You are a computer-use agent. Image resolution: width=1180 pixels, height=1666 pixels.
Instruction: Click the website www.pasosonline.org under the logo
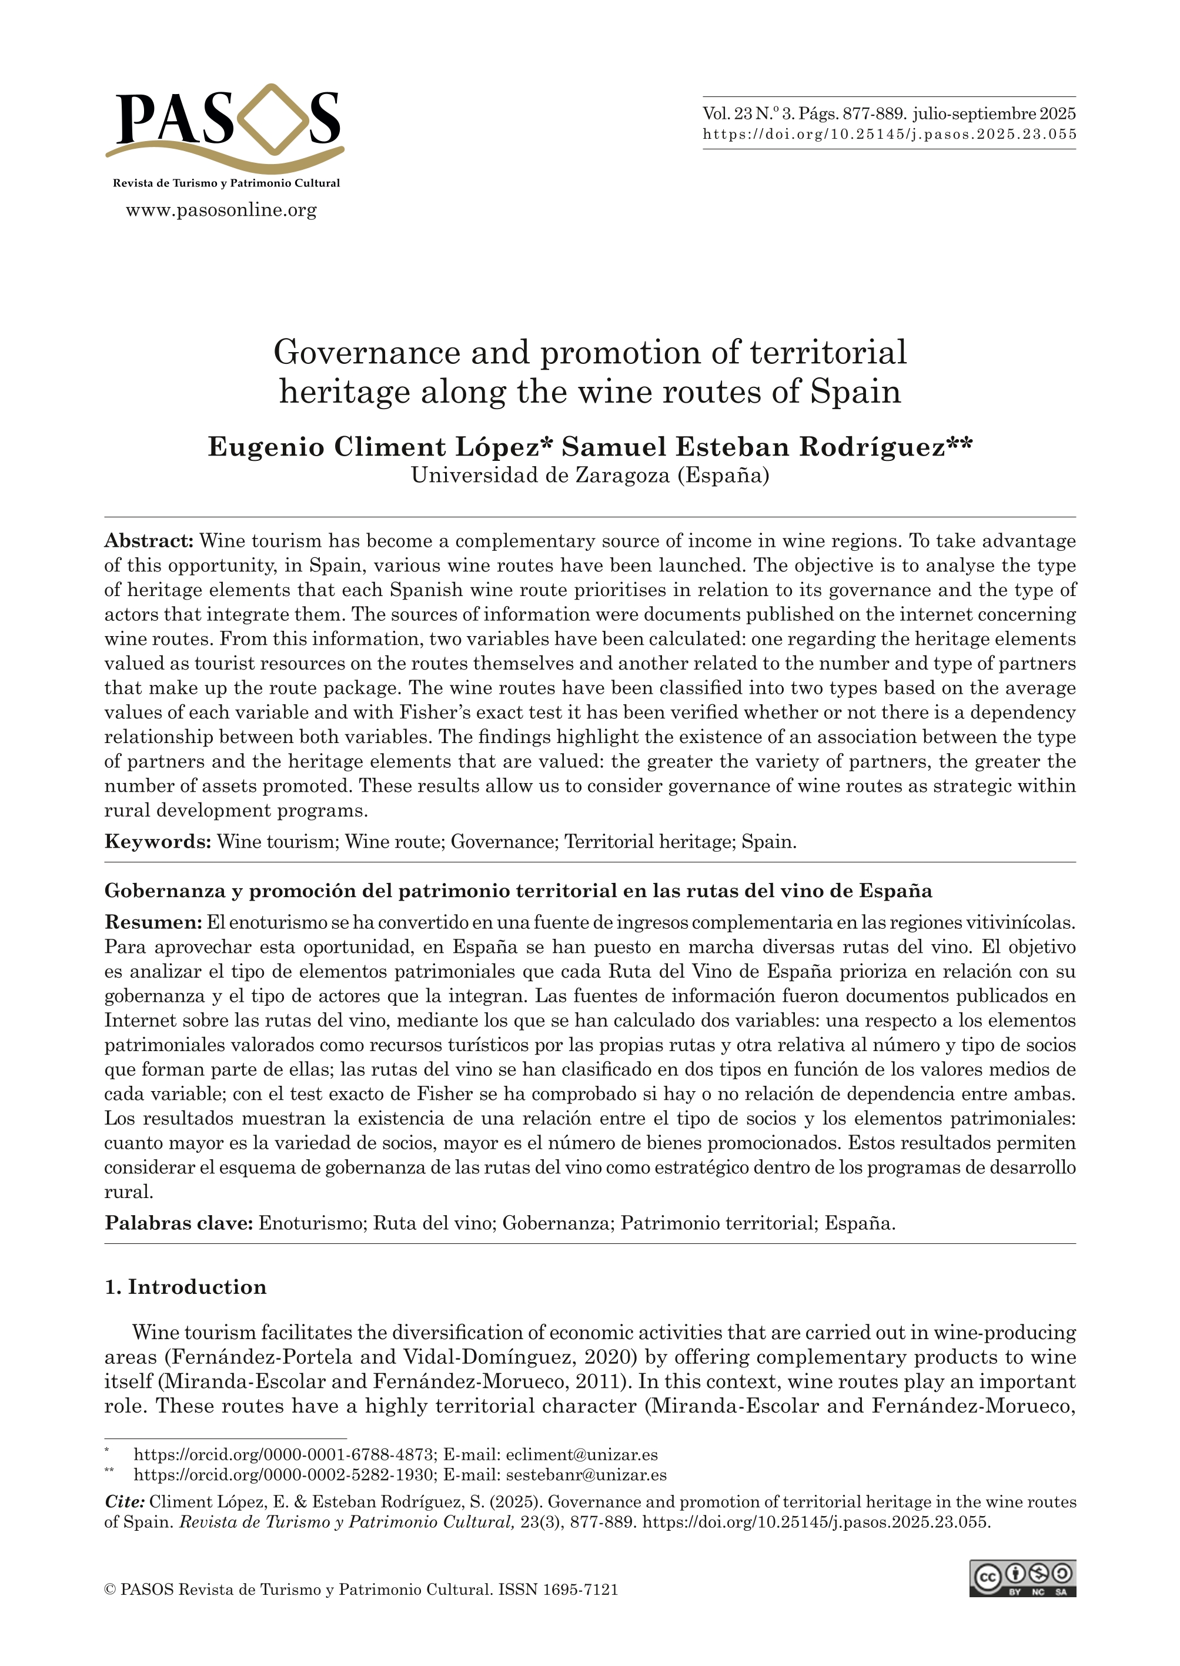click(222, 210)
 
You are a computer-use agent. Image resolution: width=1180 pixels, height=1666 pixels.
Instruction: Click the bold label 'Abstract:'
click(149, 541)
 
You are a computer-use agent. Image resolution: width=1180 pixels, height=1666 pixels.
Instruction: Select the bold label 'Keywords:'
click(158, 842)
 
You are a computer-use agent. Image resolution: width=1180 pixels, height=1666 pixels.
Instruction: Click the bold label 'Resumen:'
click(153, 923)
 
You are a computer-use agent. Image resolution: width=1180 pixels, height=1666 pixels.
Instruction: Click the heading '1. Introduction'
click(185, 1287)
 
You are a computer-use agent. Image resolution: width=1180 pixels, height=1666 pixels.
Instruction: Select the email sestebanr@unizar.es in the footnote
click(586, 1475)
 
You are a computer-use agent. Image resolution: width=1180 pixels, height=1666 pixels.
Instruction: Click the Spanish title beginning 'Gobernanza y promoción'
click(517, 891)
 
